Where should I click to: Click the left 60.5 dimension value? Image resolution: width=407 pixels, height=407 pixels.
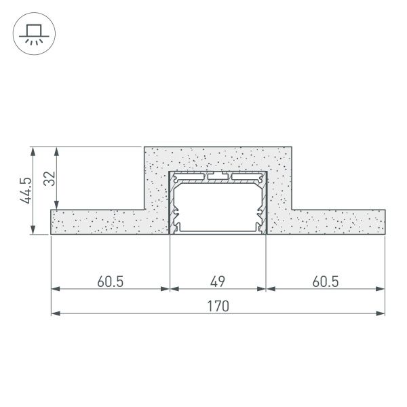(x=110, y=280)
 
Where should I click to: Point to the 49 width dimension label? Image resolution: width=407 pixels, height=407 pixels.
(x=218, y=280)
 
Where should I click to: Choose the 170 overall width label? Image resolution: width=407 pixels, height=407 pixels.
(x=218, y=306)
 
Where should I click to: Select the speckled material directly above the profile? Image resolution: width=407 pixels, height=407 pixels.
(x=218, y=159)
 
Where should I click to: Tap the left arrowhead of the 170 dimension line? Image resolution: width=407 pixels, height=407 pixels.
(x=55, y=313)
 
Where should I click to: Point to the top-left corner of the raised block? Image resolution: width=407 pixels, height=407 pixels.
(x=144, y=147)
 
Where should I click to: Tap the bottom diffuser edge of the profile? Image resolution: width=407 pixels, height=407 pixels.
(x=218, y=233)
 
